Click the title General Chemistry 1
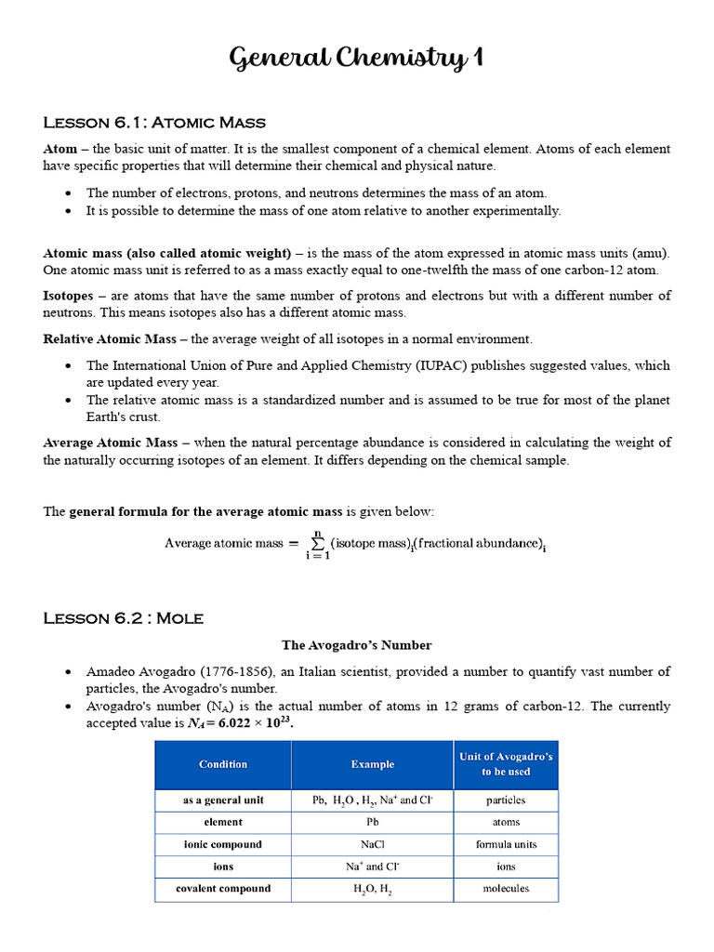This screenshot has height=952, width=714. tap(356, 59)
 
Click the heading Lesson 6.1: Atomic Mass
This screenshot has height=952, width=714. tap(154, 123)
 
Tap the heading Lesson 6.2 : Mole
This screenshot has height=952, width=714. tap(123, 618)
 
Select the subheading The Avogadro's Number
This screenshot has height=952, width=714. tap(357, 645)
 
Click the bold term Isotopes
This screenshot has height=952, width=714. tap(68, 296)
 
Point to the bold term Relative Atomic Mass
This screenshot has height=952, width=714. tap(111, 339)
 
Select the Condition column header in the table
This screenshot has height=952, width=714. tap(223, 764)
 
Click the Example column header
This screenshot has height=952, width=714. tap(372, 764)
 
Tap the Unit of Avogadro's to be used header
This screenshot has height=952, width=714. tap(506, 764)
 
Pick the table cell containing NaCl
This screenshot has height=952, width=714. tap(372, 844)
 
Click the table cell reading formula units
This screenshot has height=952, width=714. tap(506, 844)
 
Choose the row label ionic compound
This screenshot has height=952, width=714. tap(223, 844)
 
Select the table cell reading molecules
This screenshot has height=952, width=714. tap(506, 889)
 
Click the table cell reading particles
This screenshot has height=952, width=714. tap(506, 800)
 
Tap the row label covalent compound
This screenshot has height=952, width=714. tap(223, 889)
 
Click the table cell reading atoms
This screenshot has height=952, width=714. tap(506, 822)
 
